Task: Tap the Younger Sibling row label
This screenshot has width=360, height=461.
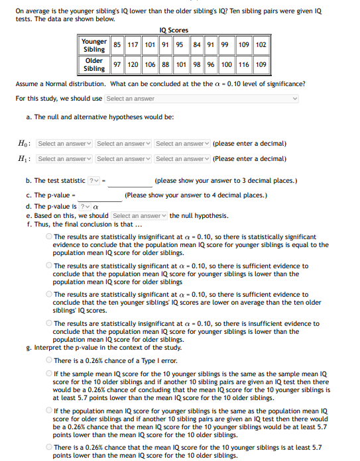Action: [94, 45]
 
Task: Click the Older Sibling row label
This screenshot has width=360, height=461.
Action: [94, 64]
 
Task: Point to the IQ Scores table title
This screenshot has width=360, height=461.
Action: [174, 30]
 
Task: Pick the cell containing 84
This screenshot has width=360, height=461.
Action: [198, 45]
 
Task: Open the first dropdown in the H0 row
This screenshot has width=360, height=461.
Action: [64, 144]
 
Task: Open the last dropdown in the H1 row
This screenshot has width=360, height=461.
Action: [182, 159]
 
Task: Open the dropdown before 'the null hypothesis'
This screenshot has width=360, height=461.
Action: [139, 216]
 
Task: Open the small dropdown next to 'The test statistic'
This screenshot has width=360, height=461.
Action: [96, 181]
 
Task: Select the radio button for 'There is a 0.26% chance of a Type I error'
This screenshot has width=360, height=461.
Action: [49, 360]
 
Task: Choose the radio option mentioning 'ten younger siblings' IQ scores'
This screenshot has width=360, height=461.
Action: [49, 295]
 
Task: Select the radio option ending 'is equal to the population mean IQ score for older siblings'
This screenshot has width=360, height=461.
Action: [49, 237]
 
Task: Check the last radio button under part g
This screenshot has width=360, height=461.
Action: [49, 448]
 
